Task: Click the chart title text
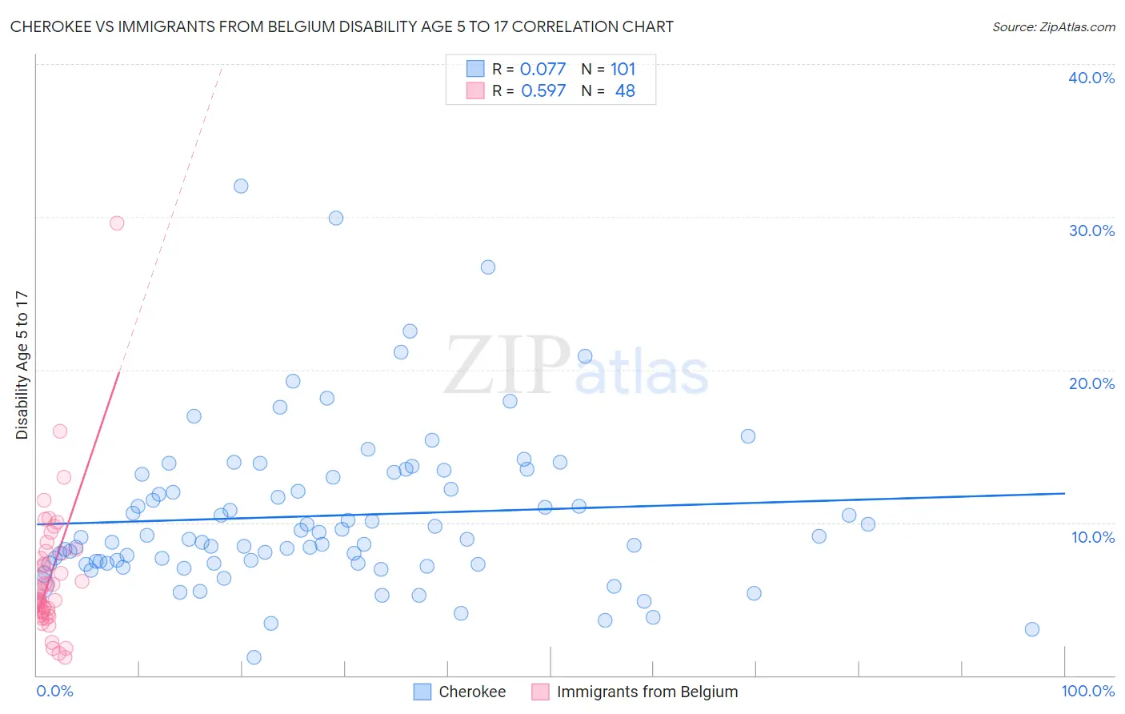(342, 27)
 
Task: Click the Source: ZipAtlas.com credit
(1053, 27)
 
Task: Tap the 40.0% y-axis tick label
(1091, 78)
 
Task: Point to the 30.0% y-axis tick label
(1091, 231)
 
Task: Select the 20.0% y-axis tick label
(1091, 383)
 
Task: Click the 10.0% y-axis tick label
(1092, 537)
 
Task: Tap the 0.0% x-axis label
(54, 691)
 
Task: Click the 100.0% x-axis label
(1087, 691)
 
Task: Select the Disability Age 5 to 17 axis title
(22, 365)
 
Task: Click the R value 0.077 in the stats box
(542, 70)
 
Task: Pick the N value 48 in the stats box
(625, 91)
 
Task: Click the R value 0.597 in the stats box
(542, 91)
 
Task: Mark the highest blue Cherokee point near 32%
(241, 187)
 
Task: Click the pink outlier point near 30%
(117, 223)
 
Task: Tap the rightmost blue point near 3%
(1032, 629)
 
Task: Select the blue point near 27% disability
(488, 267)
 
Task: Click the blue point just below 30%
(336, 219)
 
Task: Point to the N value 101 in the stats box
(623, 70)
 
